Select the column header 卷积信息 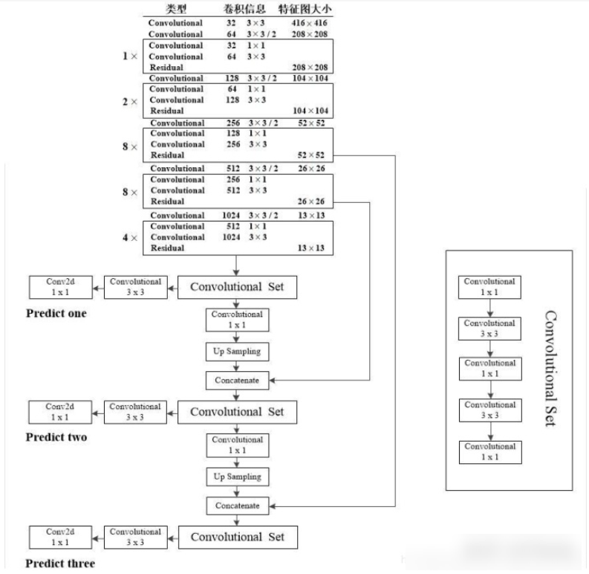click(244, 9)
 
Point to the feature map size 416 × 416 click(313, 23)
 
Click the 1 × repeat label click(129, 57)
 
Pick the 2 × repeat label click(129, 100)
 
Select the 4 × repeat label click(129, 238)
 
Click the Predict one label click(56, 314)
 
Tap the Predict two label click(56, 437)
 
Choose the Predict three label click(60, 564)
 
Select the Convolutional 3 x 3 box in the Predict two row click(135, 411)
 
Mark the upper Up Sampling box click(237, 350)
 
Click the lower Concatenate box click(237, 506)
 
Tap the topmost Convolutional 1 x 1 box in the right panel click(489, 286)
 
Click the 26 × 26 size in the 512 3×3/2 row click(313, 168)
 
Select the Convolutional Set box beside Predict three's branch click(237, 537)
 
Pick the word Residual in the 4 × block click(168, 248)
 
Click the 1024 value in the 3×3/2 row click(232, 216)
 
